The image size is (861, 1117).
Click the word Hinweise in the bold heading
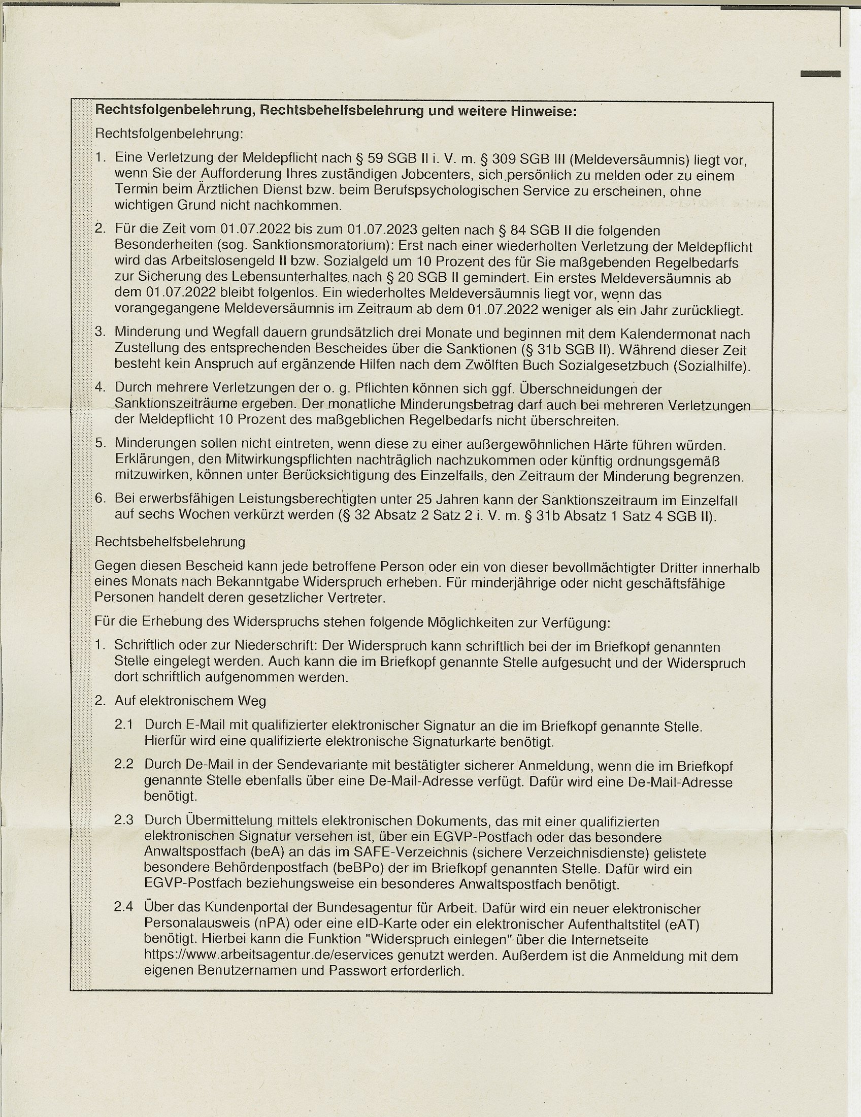tap(545, 111)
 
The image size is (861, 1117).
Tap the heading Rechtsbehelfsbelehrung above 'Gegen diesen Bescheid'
tap(170, 542)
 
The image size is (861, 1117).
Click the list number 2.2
tap(124, 764)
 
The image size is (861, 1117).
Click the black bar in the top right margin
tap(820, 74)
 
